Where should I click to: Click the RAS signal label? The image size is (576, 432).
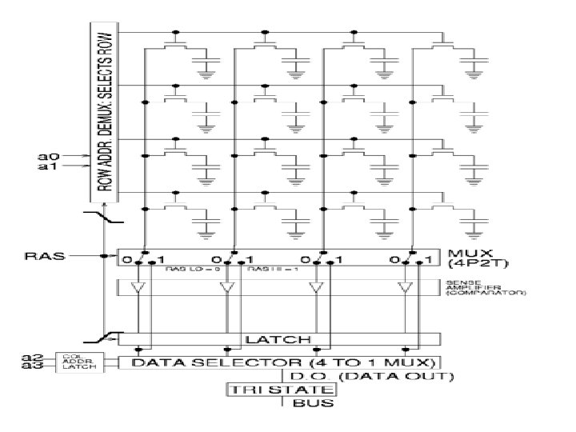[41, 257]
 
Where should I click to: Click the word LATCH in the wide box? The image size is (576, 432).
[278, 340]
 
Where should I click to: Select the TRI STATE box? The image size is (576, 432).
[280, 390]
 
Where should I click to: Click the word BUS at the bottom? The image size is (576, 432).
[306, 402]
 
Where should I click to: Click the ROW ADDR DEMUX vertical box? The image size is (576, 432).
[102, 112]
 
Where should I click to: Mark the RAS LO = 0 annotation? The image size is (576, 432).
[183, 270]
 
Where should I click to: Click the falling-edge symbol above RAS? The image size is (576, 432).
[106, 217]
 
